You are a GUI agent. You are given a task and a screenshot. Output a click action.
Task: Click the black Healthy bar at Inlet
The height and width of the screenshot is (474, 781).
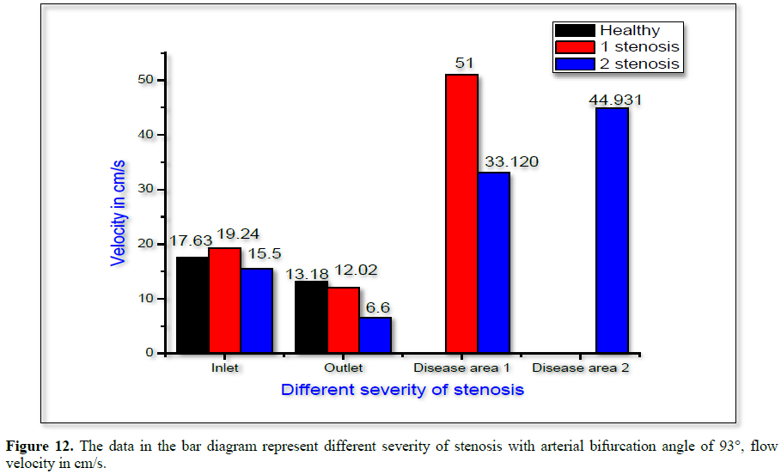[192, 305]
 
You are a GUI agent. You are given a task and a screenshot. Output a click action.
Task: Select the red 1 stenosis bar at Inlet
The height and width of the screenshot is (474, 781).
[224, 301]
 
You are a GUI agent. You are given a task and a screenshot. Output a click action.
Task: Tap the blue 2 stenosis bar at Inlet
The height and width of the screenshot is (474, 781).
[256, 311]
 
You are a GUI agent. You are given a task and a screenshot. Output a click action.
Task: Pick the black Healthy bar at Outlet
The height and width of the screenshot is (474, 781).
[311, 317]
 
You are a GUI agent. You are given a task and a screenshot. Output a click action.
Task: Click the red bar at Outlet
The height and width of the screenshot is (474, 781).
[343, 320]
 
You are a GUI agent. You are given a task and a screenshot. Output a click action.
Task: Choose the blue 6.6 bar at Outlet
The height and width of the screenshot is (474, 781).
[375, 335]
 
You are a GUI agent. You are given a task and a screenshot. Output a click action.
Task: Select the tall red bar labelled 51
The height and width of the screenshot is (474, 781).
[461, 214]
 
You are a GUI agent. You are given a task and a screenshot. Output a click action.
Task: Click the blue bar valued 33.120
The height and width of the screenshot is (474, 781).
[494, 263]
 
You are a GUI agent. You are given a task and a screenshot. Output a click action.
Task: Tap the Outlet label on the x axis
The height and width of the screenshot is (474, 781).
[343, 368]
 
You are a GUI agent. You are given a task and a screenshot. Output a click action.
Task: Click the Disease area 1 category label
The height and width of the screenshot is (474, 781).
[461, 368]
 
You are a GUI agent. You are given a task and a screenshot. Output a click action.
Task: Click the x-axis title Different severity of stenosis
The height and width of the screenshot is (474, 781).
[402, 389]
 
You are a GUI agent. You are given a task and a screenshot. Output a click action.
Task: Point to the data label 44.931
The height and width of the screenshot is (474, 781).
[615, 100]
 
